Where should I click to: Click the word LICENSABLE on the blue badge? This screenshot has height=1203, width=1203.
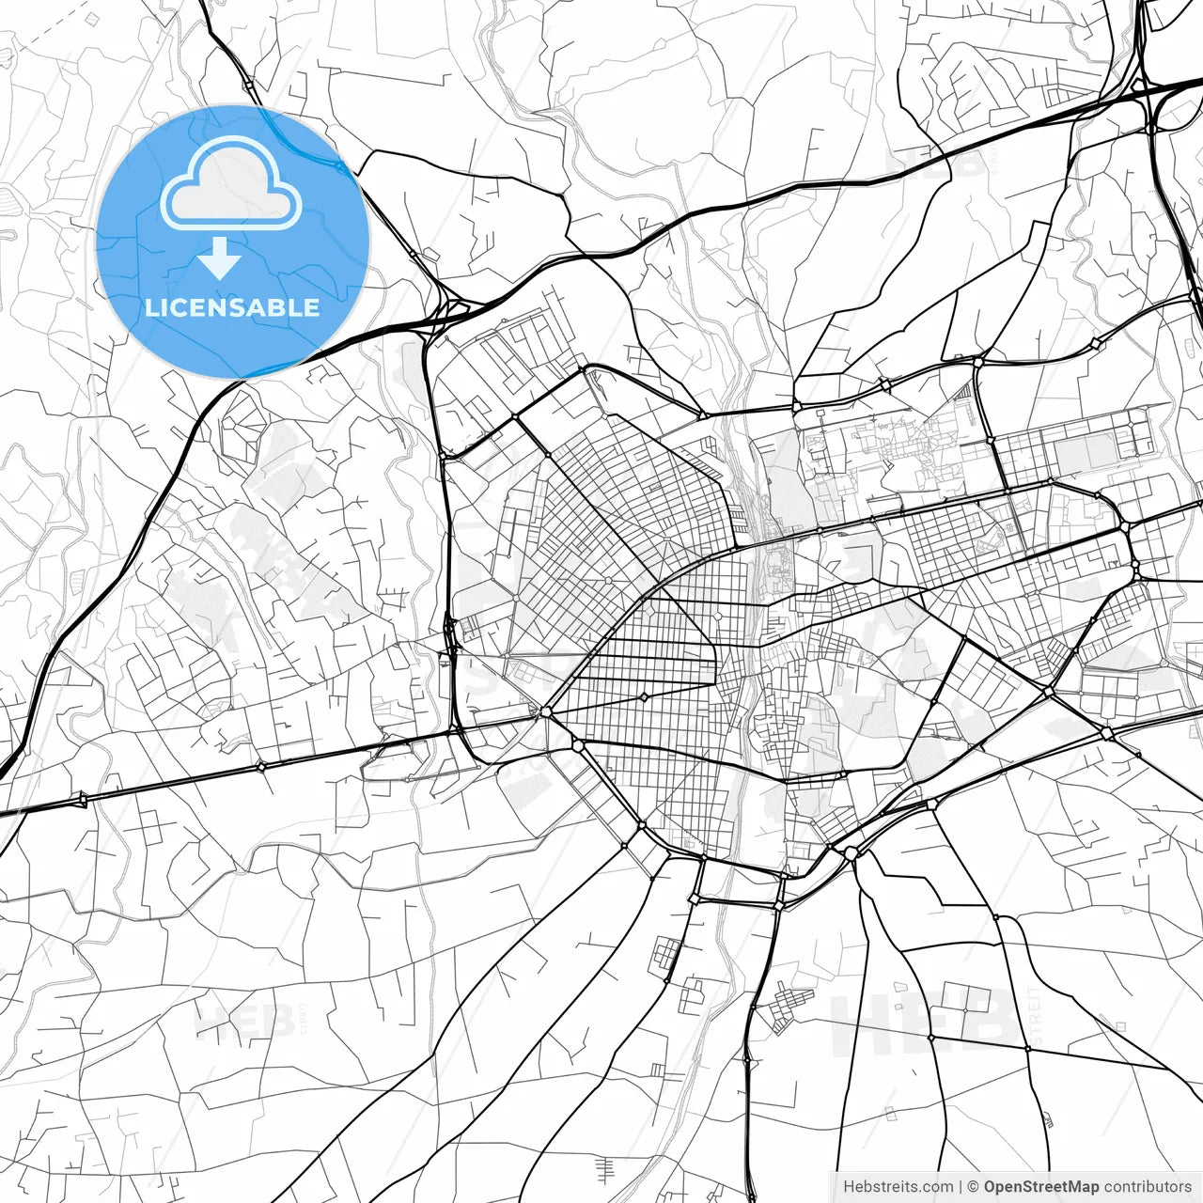pyautogui.click(x=232, y=307)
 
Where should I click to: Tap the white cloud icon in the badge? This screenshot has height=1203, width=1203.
pyautogui.click(x=230, y=184)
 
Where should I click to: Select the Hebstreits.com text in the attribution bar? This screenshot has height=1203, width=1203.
pyautogui.click(x=898, y=1187)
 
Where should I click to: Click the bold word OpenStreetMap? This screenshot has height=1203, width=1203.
pyautogui.click(x=1041, y=1187)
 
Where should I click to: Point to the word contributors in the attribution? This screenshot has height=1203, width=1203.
pyautogui.click(x=1148, y=1187)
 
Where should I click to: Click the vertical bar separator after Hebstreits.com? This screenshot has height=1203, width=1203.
pyautogui.click(x=961, y=1187)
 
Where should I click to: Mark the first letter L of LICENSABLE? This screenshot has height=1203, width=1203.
pyautogui.click(x=150, y=307)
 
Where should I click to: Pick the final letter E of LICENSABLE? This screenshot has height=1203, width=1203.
pyautogui.click(x=312, y=307)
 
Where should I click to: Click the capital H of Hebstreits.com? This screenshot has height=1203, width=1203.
pyautogui.click(x=849, y=1187)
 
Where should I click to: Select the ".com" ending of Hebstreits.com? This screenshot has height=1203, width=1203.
pyautogui.click(x=937, y=1187)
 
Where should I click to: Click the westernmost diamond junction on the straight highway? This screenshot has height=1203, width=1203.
pyautogui.click(x=83, y=799)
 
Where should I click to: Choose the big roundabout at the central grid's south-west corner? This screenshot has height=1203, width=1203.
pyautogui.click(x=546, y=712)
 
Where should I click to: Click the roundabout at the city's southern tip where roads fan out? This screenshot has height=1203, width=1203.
pyautogui.click(x=851, y=852)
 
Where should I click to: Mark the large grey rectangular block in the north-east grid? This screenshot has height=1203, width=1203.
pyautogui.click(x=1083, y=455)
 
